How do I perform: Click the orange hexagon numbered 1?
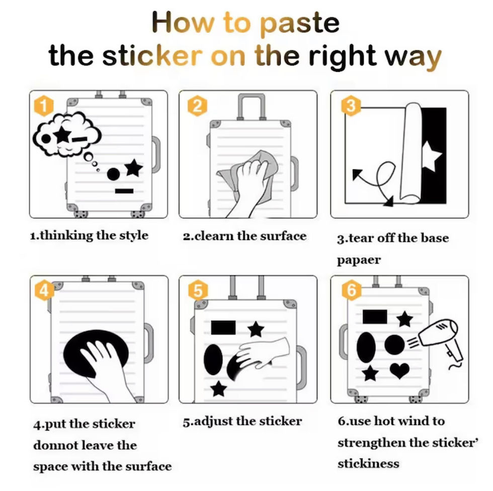tap(44, 106)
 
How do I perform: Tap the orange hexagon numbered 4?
tap(44, 290)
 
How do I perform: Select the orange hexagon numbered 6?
tap(352, 290)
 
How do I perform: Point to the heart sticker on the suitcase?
tap(399, 370)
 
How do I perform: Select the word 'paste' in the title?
tap(300, 23)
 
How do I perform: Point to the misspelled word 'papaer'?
tap(359, 260)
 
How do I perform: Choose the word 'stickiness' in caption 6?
tap(368, 463)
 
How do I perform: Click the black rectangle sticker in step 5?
tap(223, 327)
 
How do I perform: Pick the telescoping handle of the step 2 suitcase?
tap(251, 107)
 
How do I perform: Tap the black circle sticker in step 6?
tap(394, 344)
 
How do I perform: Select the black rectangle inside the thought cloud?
tap(80, 139)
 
